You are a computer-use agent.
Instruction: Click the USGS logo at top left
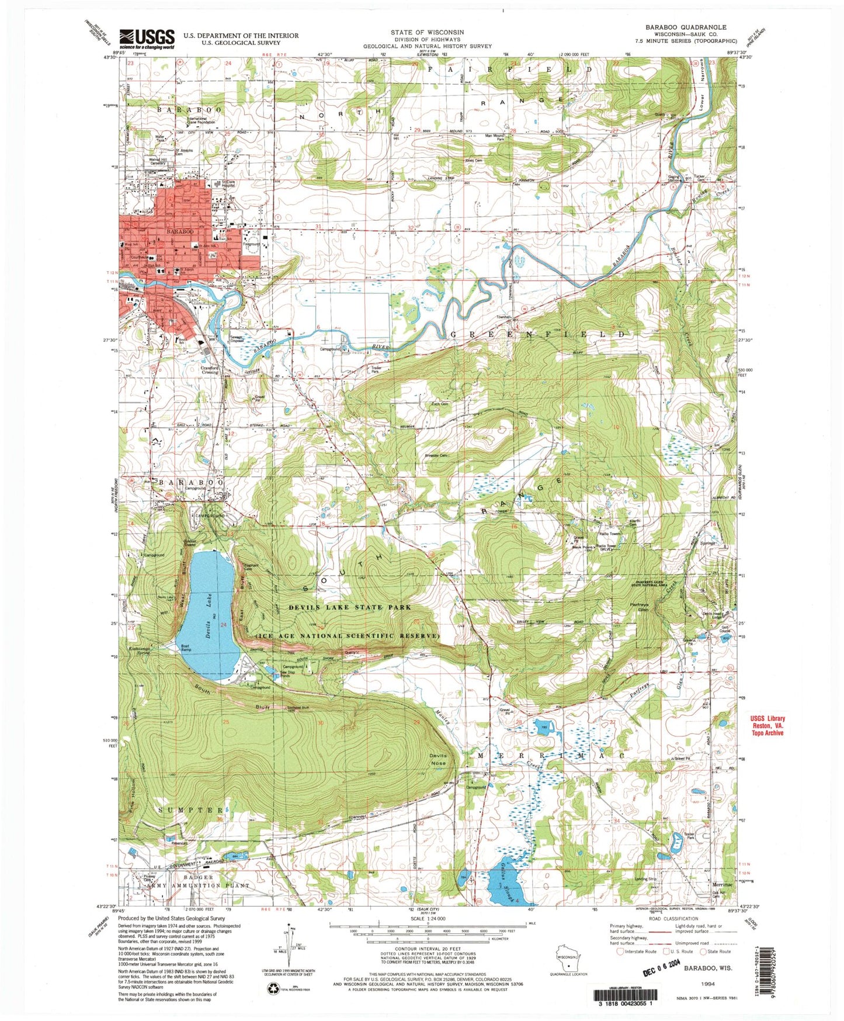[x=147, y=39]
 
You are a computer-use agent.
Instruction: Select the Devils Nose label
[x=437, y=759]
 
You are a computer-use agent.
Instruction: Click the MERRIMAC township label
[x=551, y=755]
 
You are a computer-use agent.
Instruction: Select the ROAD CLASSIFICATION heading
[x=664, y=919]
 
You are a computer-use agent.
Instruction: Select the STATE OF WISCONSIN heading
[x=428, y=33]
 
